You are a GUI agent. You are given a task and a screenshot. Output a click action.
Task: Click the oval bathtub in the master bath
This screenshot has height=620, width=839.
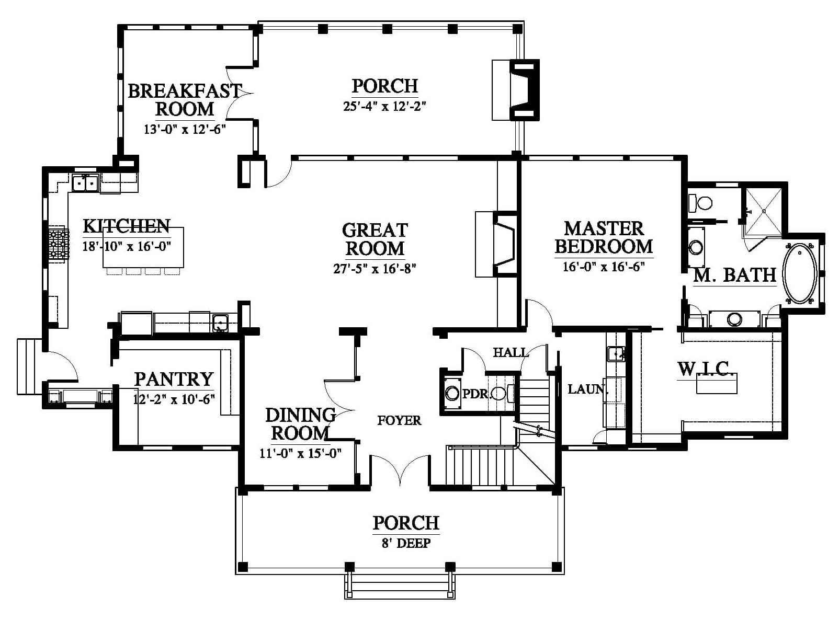tap(800, 274)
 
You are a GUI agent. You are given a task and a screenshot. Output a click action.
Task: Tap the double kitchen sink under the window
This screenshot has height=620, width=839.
tap(85, 183)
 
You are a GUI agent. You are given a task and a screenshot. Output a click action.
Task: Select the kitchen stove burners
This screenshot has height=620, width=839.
tap(58, 244)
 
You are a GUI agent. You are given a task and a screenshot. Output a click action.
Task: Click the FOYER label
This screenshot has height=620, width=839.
tap(399, 420)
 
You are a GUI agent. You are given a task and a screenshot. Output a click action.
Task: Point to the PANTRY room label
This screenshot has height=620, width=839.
tap(174, 379)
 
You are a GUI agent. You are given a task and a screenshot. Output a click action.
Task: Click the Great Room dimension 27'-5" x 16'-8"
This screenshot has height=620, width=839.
tap(375, 269)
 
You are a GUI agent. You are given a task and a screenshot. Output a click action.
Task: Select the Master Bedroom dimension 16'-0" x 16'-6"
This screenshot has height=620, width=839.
tap(604, 267)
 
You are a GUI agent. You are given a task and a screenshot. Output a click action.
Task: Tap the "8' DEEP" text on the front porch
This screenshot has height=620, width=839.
tap(406, 544)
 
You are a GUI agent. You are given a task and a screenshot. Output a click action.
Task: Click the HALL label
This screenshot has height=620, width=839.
tap(511, 352)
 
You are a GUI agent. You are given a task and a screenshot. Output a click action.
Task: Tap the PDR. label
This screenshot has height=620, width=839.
tap(477, 394)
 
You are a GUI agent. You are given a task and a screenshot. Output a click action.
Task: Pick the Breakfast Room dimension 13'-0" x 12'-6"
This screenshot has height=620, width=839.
tap(185, 129)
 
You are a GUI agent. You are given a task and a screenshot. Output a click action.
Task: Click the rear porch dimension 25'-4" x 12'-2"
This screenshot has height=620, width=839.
tap(384, 106)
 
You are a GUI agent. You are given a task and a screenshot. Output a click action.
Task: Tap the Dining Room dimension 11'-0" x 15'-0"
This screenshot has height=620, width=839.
tap(301, 453)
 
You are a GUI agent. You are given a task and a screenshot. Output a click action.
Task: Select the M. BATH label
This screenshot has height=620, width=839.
tap(734, 275)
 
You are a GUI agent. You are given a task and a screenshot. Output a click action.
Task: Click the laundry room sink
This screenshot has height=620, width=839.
tap(615, 353)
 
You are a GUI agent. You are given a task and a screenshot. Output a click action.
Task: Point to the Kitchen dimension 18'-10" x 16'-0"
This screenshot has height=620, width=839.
tap(127, 247)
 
